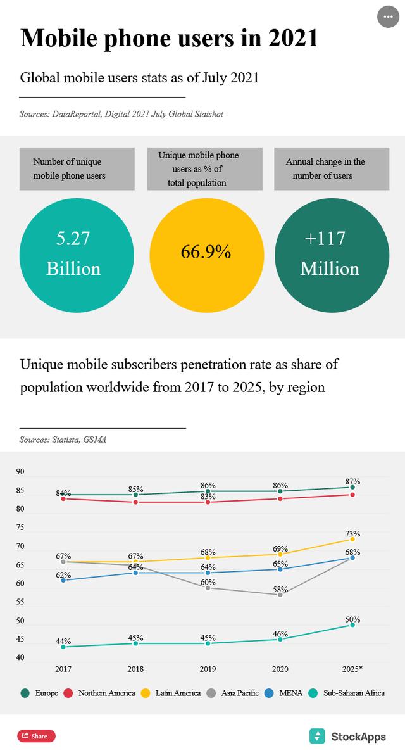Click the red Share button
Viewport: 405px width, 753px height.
[x=36, y=736]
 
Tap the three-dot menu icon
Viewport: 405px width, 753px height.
[x=388, y=17]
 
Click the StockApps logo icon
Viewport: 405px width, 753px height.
[x=317, y=736]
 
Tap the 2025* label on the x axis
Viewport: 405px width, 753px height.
[x=352, y=669]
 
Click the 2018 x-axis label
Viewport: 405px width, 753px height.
[x=135, y=669]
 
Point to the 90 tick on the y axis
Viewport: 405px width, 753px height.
[x=20, y=472]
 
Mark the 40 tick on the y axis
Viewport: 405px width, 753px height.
[x=20, y=657]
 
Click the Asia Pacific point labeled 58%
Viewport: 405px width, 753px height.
[x=280, y=595]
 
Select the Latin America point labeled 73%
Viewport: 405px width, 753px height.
[x=352, y=539]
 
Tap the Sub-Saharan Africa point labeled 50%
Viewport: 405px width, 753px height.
[x=352, y=624]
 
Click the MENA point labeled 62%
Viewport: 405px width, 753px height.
[x=63, y=580]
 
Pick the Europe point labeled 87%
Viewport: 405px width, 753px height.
[x=352, y=487]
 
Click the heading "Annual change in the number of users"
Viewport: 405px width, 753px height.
[x=325, y=168]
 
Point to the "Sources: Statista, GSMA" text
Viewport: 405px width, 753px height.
[x=63, y=440]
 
